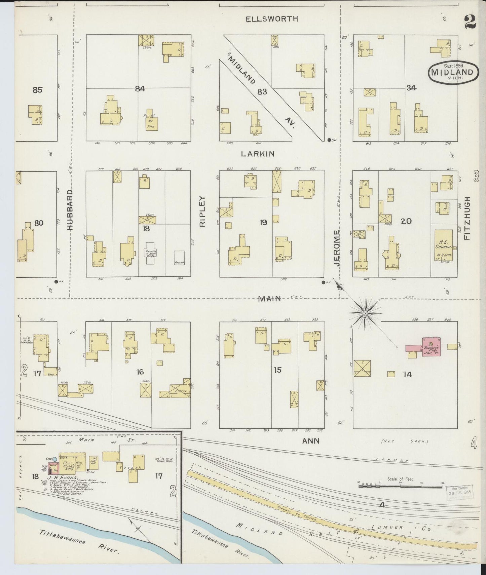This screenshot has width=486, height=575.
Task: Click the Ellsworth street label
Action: pyautogui.click(x=272, y=19)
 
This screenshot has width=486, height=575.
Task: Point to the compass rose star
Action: pyautogui.click(x=365, y=313)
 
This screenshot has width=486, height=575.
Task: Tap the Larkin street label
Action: pyautogui.click(x=258, y=154)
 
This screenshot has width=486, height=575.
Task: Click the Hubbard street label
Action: pyautogui.click(x=70, y=210)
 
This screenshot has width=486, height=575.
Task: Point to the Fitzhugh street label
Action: pyautogui.click(x=466, y=218)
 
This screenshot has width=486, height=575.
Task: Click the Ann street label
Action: pyautogui.click(x=311, y=441)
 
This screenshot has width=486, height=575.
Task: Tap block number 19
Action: pyautogui.click(x=263, y=222)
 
